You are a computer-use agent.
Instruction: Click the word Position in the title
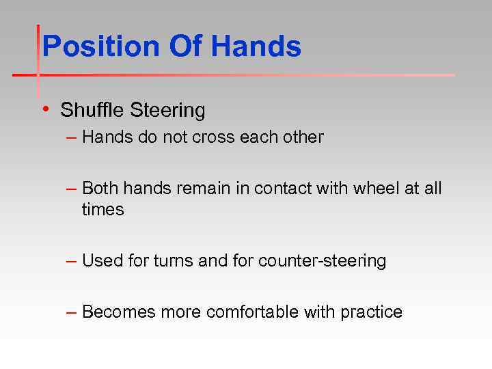click(x=100, y=47)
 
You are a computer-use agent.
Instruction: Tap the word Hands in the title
click(x=256, y=47)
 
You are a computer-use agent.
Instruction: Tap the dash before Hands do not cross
click(x=72, y=137)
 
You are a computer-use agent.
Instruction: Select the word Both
click(x=100, y=188)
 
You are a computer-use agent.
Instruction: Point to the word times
click(x=102, y=210)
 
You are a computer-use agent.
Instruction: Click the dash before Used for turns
click(x=72, y=261)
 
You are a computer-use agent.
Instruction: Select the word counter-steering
click(x=322, y=261)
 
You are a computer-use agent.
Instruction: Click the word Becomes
click(x=119, y=312)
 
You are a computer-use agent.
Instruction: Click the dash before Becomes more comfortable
click(x=72, y=312)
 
